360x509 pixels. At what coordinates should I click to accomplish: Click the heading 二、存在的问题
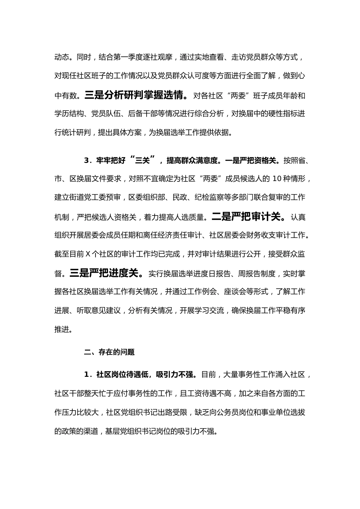pyautogui.click(x=109, y=352)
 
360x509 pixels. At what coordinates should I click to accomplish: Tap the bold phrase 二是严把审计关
pyautogui.click(x=246, y=217)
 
